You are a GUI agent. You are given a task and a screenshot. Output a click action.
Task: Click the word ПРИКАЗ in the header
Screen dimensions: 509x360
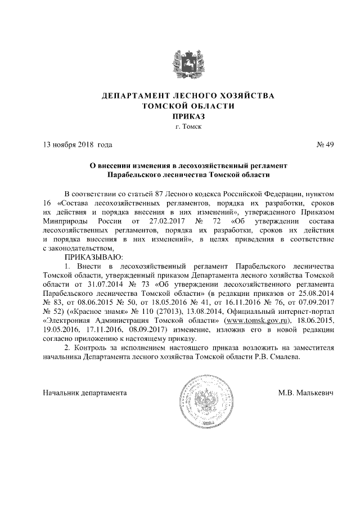180,116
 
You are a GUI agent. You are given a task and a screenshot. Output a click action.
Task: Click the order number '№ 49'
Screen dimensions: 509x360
326,145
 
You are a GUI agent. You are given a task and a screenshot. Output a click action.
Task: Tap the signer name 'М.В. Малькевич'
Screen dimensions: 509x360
306,392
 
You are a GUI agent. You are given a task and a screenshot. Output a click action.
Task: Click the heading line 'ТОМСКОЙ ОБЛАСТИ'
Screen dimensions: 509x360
180,106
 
